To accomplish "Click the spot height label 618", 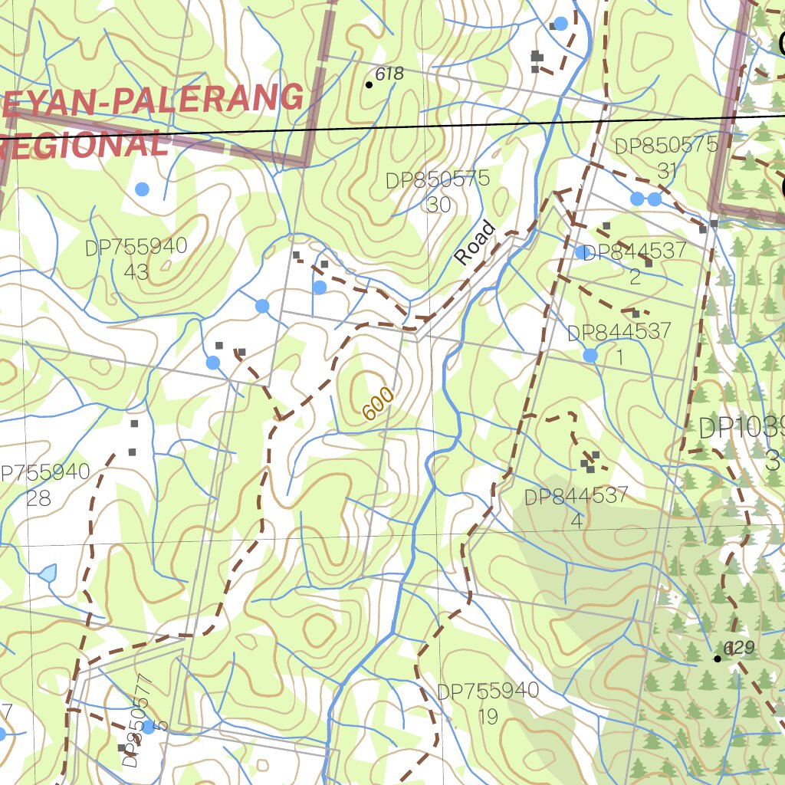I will pos(389,74).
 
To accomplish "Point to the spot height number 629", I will pos(740,648).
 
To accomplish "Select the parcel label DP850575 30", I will pos(438,192).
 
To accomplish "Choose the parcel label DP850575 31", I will pos(665,157).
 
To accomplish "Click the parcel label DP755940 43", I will pos(136,258).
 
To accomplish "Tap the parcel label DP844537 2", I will pos(635,263).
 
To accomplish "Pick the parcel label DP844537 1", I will pos(619,343).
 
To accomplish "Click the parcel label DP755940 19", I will pos(488,703).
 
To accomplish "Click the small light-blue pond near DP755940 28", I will pos(48,573).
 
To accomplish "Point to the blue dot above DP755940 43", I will pos(142,189).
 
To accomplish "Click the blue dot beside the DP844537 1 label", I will pos(590,355).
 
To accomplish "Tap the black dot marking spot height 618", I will pos(369,84).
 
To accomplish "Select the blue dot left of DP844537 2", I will pos(581,252).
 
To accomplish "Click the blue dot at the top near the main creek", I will pos(560,24).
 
